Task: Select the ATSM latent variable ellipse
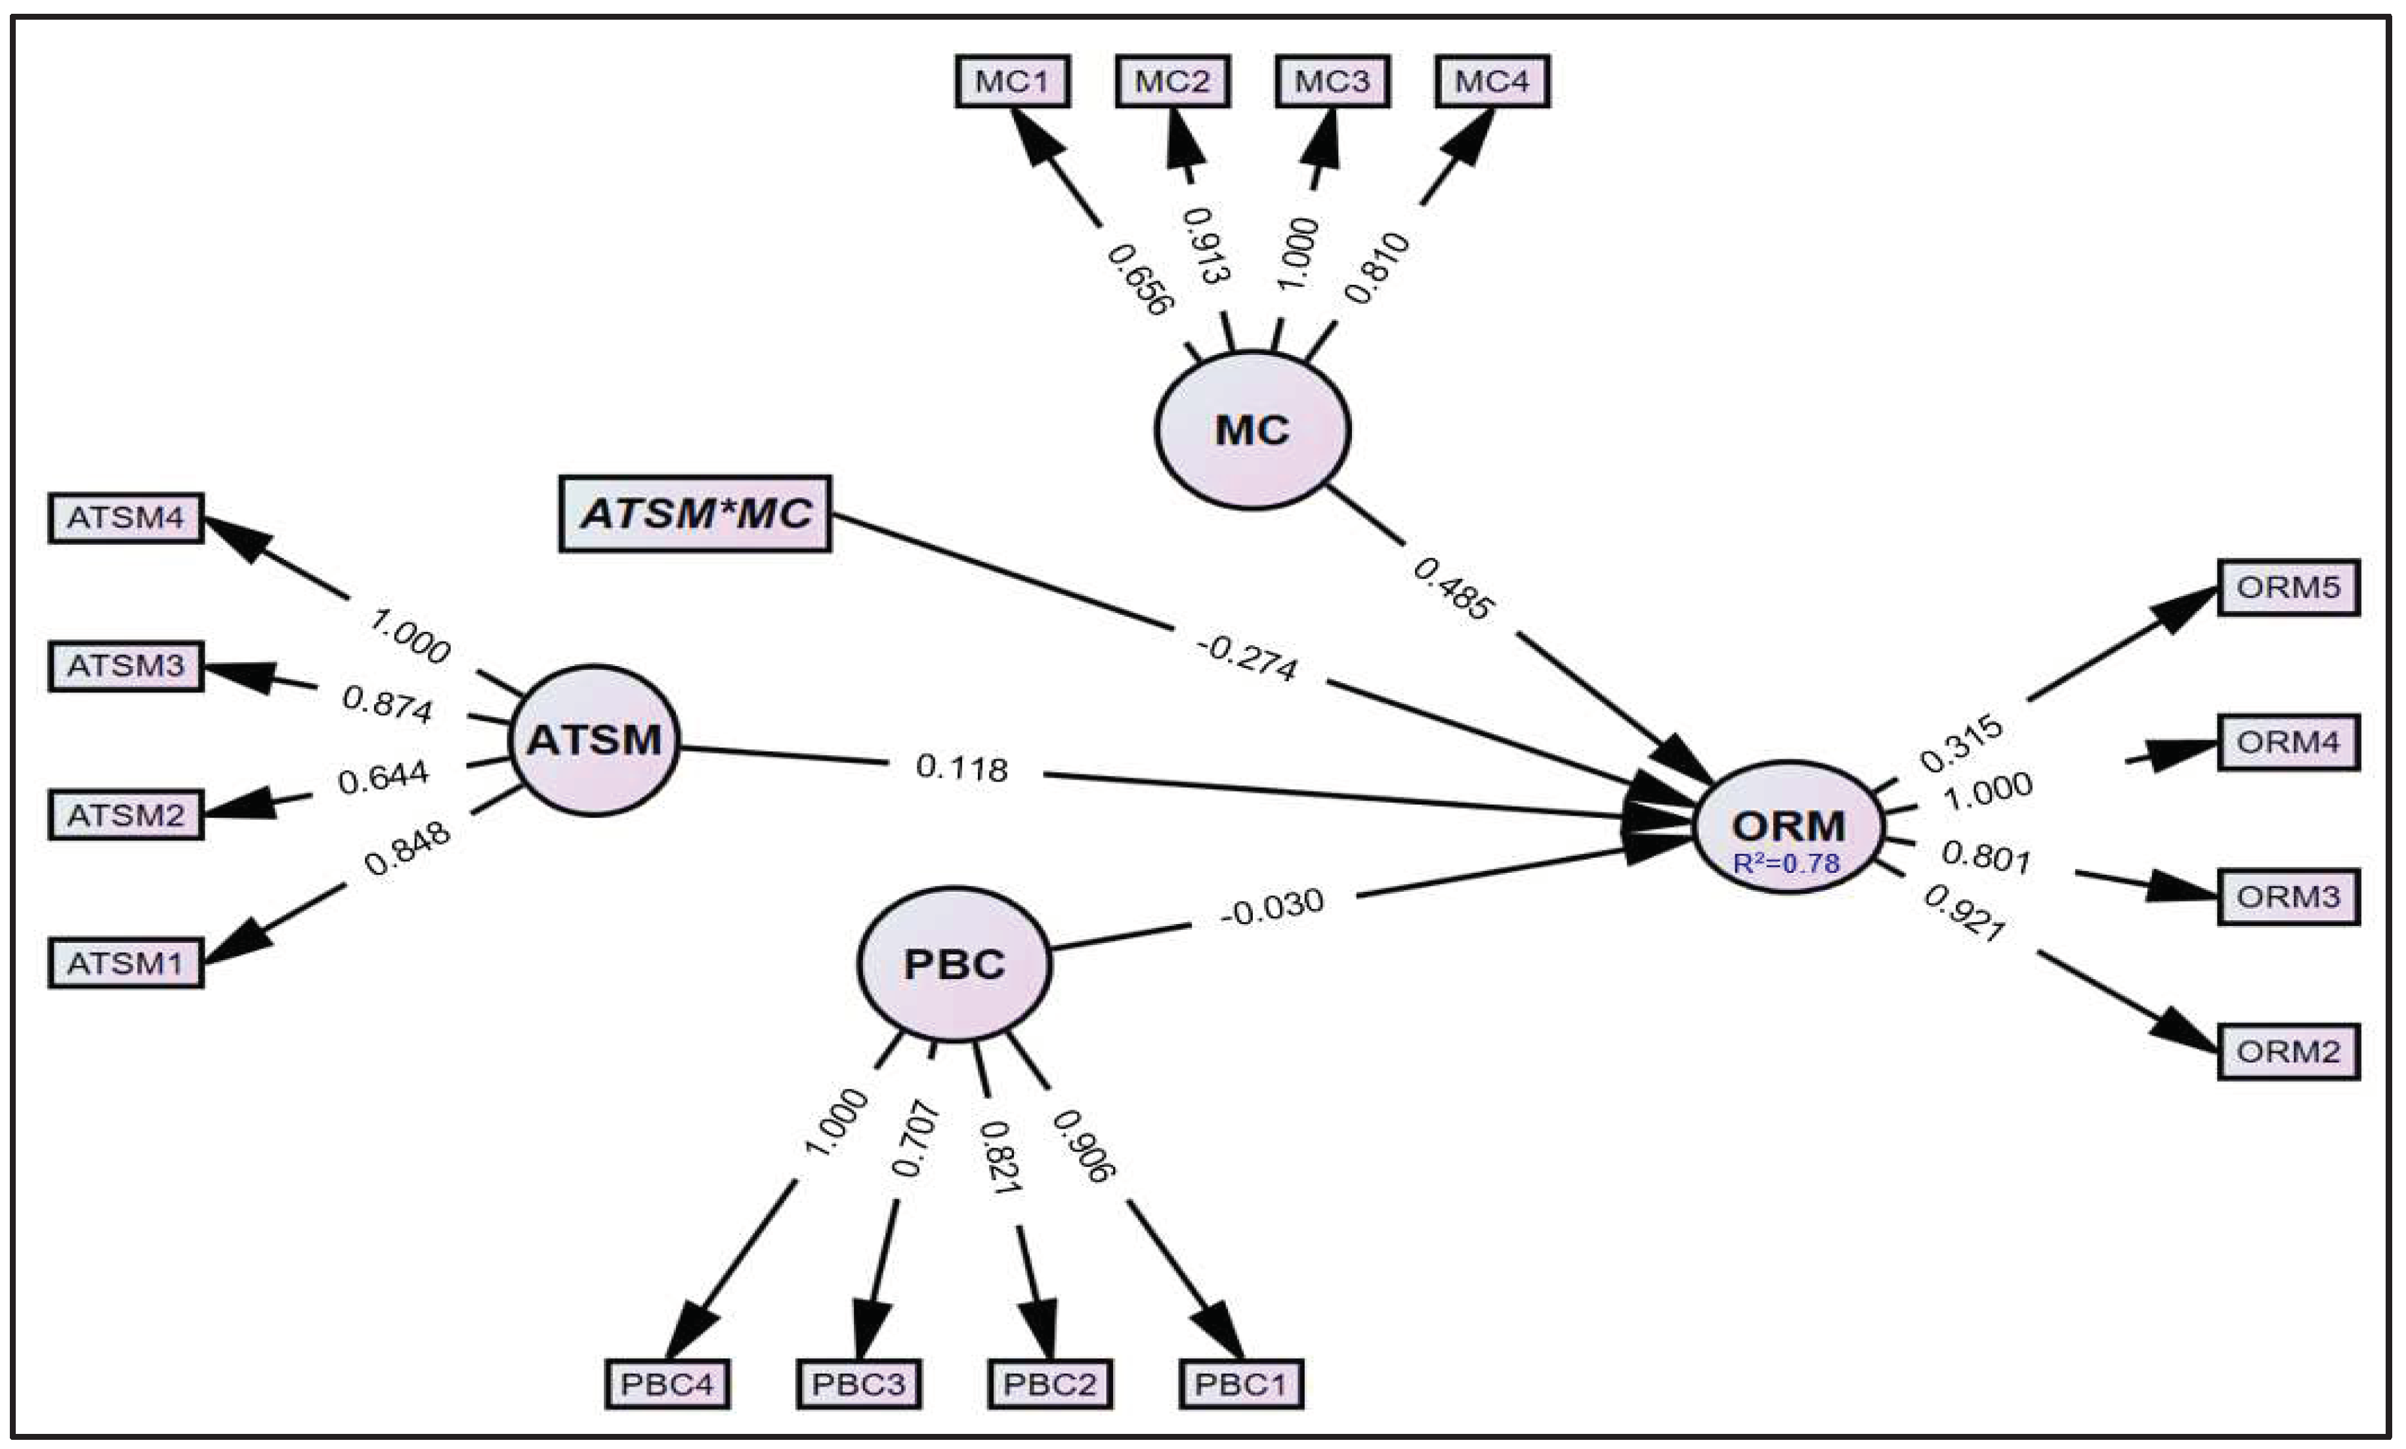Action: (x=594, y=740)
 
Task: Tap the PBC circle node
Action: (x=954, y=965)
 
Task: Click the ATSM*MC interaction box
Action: (x=695, y=514)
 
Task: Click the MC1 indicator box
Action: (x=1011, y=81)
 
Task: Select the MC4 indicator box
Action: (x=1492, y=81)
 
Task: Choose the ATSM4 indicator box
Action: (x=126, y=518)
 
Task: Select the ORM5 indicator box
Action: (x=2288, y=587)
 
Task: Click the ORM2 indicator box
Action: (x=2288, y=1051)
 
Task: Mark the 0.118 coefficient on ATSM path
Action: (x=962, y=768)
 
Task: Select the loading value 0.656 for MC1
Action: (x=1139, y=280)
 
